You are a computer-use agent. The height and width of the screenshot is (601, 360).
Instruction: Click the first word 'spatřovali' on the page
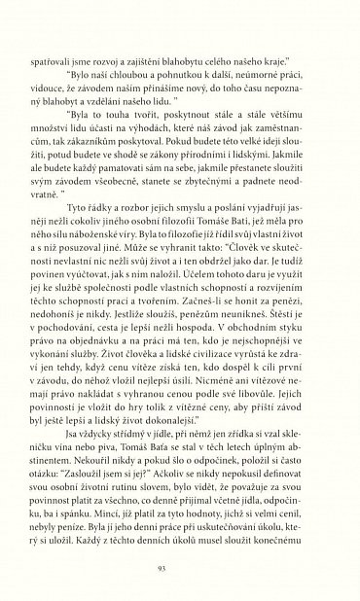pyautogui.click(x=77, y=44)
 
